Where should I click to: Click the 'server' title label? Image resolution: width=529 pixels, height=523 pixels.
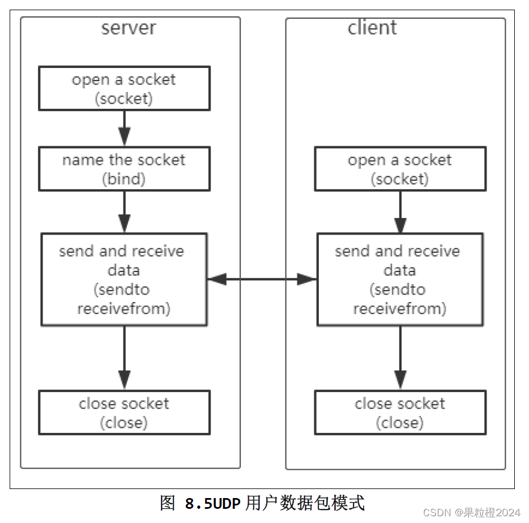[129, 28]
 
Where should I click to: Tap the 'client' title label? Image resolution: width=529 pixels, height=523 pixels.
[372, 27]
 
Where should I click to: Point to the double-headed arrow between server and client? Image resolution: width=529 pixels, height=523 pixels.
[262, 279]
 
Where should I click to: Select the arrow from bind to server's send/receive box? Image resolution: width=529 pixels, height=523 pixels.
[125, 212]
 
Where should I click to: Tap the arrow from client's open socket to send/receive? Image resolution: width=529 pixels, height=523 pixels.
[400, 212]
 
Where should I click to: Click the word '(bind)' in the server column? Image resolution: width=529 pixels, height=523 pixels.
[124, 179]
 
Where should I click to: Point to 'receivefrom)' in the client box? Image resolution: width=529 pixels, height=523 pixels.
[400, 309]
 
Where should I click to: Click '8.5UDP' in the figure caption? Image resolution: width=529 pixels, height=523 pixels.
[212, 504]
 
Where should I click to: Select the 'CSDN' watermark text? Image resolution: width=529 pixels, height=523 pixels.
[437, 513]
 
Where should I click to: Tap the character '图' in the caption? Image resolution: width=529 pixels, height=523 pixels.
[168, 503]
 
